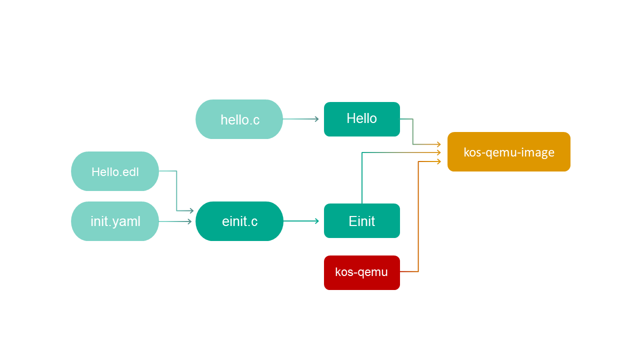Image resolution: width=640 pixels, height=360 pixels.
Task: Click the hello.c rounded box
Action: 239,119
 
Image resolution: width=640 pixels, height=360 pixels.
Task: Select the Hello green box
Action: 361,119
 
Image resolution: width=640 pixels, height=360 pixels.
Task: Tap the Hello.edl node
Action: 115,171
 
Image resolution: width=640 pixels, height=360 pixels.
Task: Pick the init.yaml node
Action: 115,221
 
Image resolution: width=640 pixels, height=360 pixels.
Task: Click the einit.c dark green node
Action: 239,221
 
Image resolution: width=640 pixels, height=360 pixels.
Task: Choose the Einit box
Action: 361,221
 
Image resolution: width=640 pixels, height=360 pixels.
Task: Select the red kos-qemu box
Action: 361,272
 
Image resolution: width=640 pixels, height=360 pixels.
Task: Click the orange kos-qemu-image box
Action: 508,152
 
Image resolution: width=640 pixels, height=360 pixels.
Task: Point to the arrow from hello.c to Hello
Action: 300,119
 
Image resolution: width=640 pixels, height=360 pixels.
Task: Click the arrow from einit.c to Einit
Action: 300,221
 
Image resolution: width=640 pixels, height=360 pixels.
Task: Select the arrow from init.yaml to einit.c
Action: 175,221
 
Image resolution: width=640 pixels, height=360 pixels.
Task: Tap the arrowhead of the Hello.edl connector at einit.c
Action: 190,211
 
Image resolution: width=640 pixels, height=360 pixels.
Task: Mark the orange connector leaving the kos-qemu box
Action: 418,225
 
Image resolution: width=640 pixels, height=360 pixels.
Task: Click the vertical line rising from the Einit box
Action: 362,180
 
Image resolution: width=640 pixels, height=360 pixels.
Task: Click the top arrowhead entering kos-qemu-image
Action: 438,144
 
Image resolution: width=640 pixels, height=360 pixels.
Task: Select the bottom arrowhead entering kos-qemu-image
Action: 438,161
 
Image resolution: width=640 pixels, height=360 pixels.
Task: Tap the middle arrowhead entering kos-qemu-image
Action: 438,152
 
